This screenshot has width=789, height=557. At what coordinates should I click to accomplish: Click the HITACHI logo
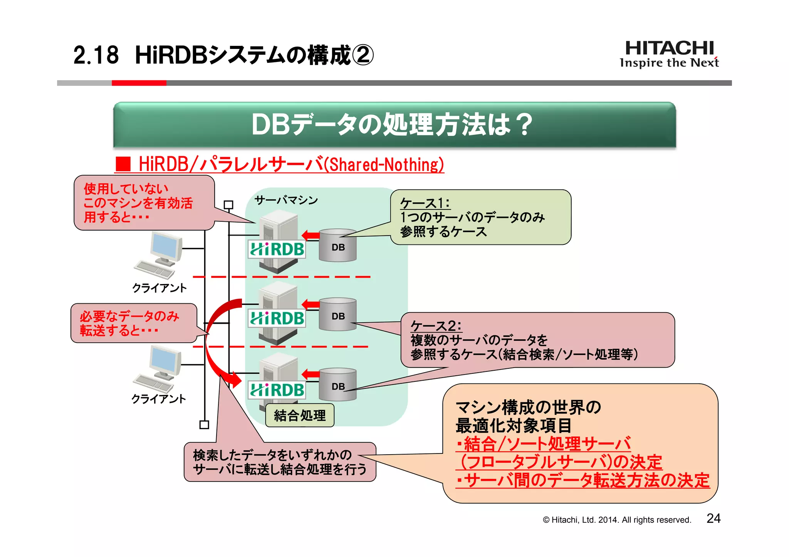click(x=669, y=49)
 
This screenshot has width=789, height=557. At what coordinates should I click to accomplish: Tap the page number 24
click(x=713, y=519)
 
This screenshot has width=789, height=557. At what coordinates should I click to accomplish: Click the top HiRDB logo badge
click(x=277, y=249)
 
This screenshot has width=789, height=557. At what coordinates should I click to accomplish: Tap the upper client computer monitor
click(x=166, y=246)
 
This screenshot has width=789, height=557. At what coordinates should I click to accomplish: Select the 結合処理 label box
click(x=300, y=415)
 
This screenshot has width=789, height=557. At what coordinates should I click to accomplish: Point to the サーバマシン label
click(x=286, y=200)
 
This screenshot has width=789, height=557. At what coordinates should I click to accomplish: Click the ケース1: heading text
click(x=425, y=203)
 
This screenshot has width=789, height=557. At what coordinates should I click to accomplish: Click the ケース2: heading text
click(x=436, y=326)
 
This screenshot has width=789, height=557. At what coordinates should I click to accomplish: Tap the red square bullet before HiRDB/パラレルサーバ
click(x=124, y=164)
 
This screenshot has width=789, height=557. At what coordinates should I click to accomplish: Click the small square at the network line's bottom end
click(x=204, y=425)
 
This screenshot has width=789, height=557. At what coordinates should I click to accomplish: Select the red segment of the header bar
click(x=139, y=83)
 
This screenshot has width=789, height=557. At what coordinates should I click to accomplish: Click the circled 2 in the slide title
click(x=363, y=55)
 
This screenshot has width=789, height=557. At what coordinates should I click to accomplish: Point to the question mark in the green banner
click(x=524, y=125)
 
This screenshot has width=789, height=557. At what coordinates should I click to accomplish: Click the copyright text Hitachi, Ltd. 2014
click(x=616, y=520)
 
